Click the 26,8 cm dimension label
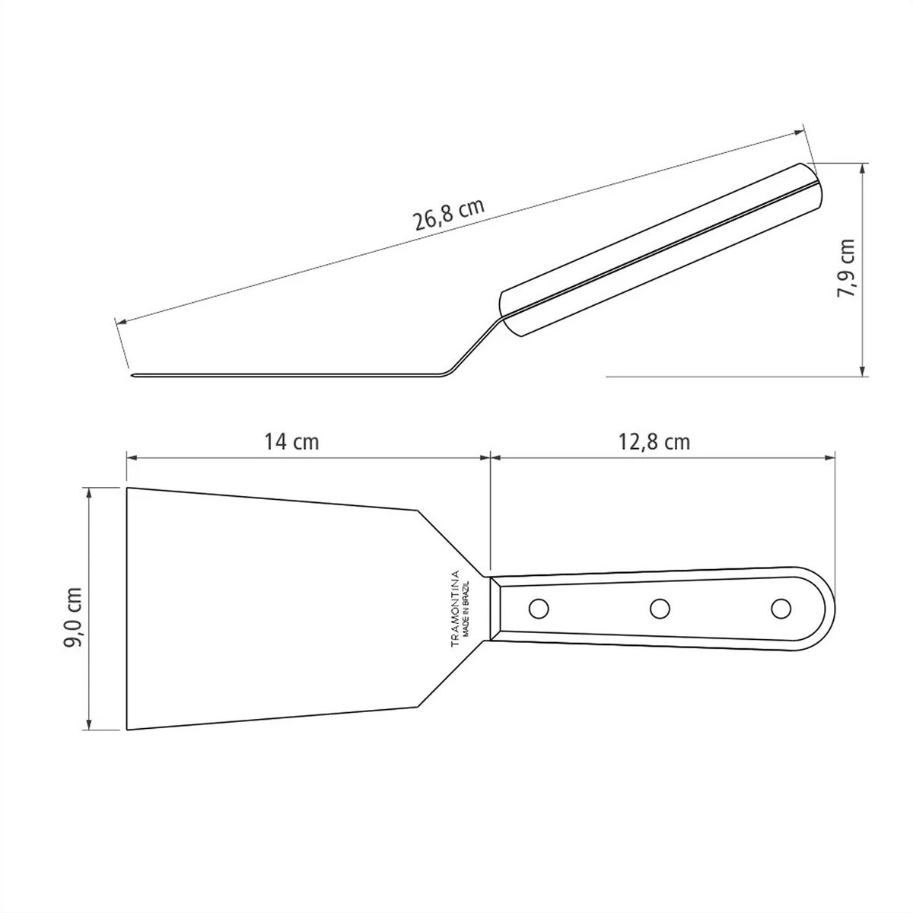(x=449, y=215)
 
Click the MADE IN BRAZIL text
(x=471, y=609)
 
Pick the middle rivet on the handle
(x=660, y=608)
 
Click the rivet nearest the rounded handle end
(x=781, y=608)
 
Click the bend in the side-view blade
(x=445, y=373)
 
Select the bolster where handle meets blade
(x=496, y=609)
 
